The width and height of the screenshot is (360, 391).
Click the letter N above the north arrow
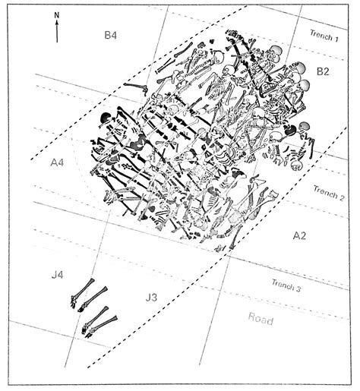coord(57,14)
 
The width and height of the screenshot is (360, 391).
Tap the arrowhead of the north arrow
coord(57,24)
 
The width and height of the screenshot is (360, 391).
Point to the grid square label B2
coord(322,72)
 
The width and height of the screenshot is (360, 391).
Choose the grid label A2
coord(301,236)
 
